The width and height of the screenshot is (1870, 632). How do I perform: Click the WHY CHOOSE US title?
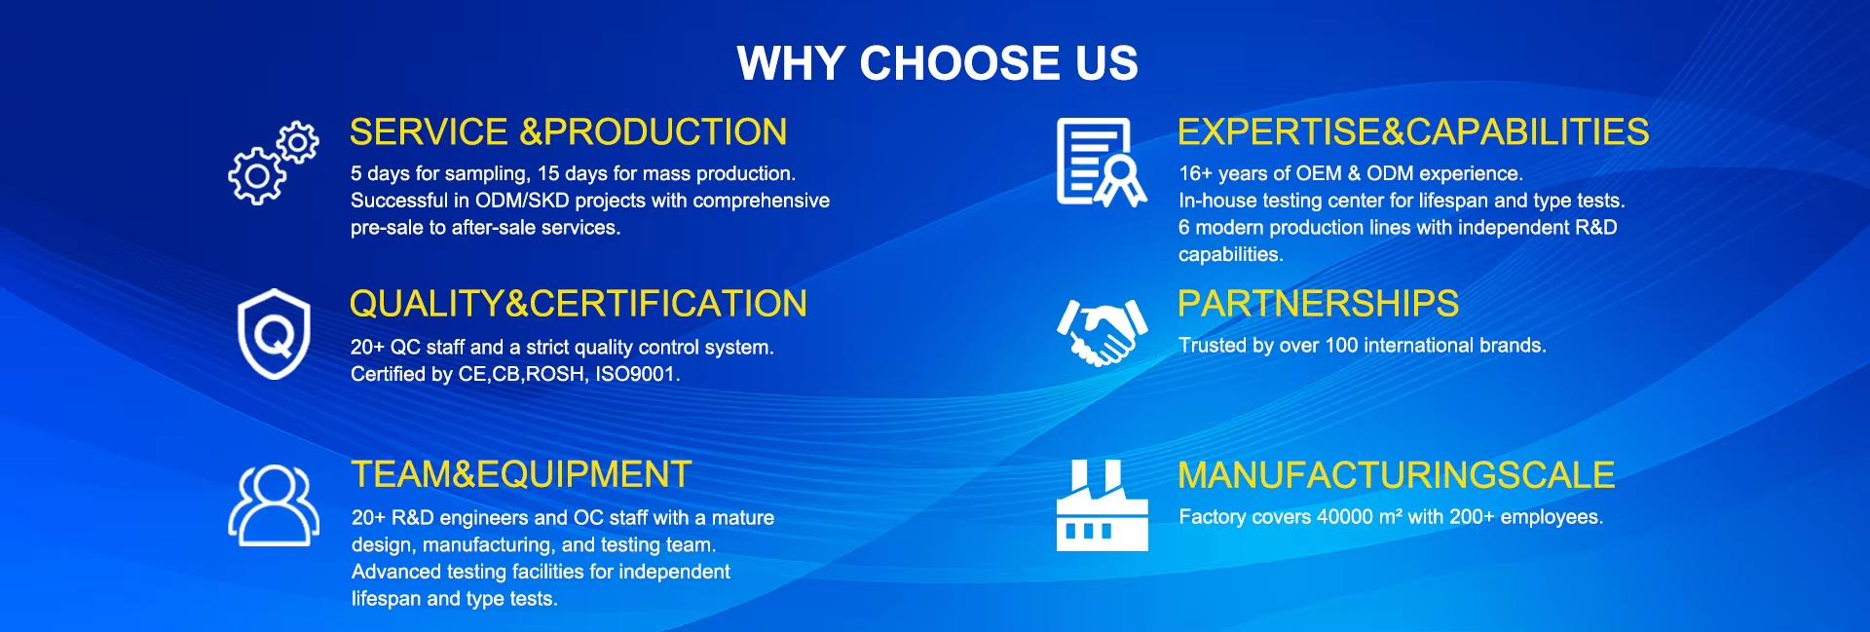click(937, 63)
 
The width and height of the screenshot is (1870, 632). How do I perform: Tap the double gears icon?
click(273, 163)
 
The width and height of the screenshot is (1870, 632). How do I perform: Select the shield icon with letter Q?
click(274, 334)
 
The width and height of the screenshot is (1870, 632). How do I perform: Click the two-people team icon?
click(274, 504)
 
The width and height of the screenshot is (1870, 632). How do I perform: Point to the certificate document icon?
click(1101, 163)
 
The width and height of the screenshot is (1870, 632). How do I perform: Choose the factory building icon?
click(1102, 504)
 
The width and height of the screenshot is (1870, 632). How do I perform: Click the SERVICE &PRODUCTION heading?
click(568, 131)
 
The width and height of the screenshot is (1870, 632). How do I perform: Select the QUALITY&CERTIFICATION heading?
click(578, 304)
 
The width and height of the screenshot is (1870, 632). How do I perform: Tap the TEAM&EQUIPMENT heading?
click(521, 474)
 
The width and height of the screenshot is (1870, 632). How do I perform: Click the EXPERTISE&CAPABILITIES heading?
click(1412, 131)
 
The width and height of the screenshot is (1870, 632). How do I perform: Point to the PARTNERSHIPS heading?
click(1318, 304)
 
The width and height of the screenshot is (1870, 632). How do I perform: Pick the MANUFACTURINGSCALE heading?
click(1396, 474)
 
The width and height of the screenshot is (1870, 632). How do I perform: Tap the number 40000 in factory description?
click(1344, 517)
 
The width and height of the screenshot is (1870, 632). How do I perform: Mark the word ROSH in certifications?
click(554, 374)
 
